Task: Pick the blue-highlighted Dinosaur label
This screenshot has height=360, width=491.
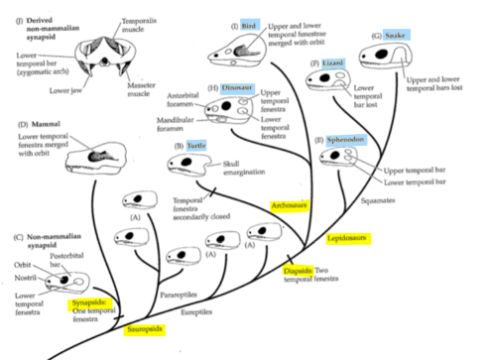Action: point(236,87)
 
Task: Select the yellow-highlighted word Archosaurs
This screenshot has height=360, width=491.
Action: point(289,205)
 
